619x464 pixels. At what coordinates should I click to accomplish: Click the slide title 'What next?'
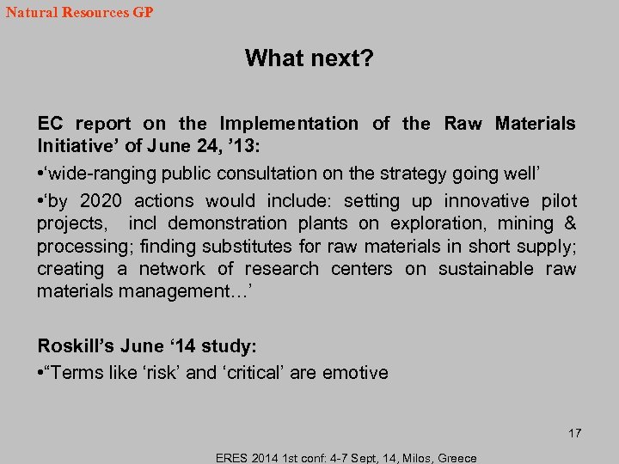click(309, 58)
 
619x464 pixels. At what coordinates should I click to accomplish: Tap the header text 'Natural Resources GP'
click(79, 14)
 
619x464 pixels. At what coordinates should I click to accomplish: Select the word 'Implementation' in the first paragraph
click(289, 124)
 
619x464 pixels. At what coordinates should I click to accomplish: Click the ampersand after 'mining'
click(570, 223)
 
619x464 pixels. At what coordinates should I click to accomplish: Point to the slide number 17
click(574, 433)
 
